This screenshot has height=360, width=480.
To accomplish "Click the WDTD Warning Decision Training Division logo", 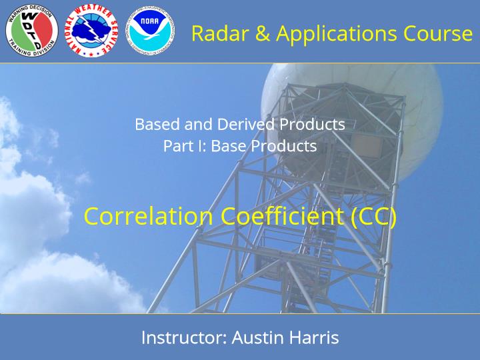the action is tap(32, 30).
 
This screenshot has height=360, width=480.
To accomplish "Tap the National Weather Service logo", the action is tap(91, 30).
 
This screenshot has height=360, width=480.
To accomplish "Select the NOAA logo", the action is tap(150, 30).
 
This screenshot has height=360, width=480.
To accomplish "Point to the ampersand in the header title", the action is tap(262, 33).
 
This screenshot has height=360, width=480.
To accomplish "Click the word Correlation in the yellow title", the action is tap(148, 216).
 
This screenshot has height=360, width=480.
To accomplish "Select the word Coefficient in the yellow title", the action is tap(282, 216).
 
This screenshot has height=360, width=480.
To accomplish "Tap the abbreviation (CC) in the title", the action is tap(373, 217).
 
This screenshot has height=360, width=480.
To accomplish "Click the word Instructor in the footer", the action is tap(184, 337).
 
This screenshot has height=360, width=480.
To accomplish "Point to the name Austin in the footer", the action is tap(257, 337).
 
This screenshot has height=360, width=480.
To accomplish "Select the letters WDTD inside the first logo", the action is tap(31, 30).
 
